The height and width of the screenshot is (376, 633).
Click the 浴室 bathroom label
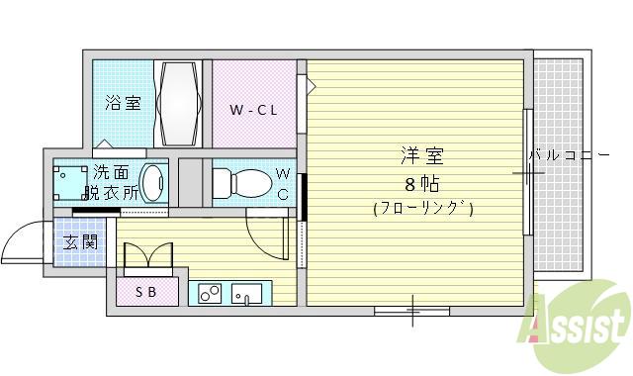(x=124, y=102)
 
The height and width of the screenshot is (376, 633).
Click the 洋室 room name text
(x=421, y=156)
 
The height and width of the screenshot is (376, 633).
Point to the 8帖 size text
(x=421, y=183)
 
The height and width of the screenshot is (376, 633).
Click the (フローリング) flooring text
(x=422, y=209)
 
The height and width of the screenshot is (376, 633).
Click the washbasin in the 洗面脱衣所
(x=154, y=183)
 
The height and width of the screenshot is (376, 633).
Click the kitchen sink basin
(x=247, y=293)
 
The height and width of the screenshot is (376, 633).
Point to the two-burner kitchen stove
(x=210, y=293)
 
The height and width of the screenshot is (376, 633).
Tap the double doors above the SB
(x=147, y=256)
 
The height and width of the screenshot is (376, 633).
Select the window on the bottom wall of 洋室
(x=411, y=310)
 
